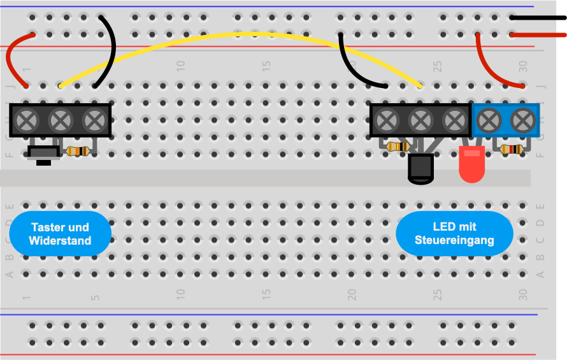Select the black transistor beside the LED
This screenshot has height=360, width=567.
tap(421, 169)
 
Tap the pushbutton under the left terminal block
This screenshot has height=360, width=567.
tap(43, 153)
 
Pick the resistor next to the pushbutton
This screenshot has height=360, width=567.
tap(78, 151)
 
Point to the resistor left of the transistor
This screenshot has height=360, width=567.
tap(398, 147)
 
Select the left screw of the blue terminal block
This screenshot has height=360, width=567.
tap(489, 119)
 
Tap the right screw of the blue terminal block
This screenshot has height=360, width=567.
tap(522, 119)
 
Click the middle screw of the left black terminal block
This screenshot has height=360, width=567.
tap(61, 119)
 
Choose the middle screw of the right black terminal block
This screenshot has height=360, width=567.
tap(420, 119)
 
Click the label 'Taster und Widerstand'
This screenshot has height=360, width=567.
tap(61, 234)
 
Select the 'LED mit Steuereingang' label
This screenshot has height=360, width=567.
tap(454, 233)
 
